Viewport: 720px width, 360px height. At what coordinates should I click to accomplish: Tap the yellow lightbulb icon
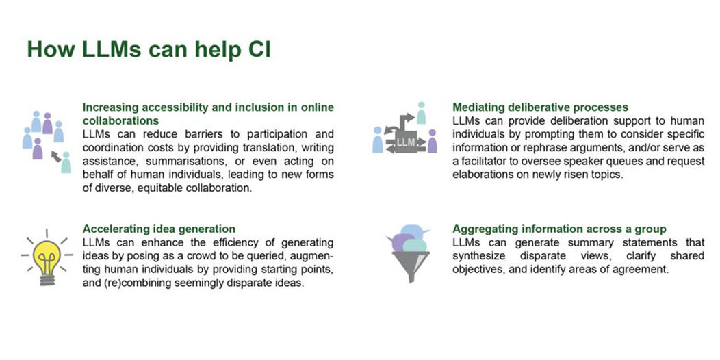[47, 259]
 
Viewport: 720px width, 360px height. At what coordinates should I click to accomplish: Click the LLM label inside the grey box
[405, 142]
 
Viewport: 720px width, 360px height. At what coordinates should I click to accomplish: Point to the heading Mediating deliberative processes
[540, 107]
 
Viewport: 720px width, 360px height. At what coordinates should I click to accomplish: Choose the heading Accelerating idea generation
[159, 229]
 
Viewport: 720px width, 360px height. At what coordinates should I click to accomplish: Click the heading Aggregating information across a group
[559, 229]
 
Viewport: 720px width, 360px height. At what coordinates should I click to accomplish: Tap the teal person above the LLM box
[421, 113]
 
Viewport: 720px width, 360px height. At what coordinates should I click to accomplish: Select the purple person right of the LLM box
[432, 141]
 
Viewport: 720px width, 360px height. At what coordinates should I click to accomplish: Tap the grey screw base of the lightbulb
[47, 279]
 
